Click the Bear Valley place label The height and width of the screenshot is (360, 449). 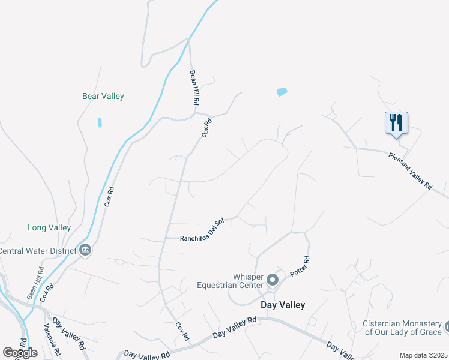(103, 96)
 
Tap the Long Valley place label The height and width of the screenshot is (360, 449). (49, 228)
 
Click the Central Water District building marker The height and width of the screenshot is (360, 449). (85, 250)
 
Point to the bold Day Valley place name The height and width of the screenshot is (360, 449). (282, 305)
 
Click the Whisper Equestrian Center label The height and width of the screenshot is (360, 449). (231, 281)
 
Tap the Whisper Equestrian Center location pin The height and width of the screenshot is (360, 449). (273, 280)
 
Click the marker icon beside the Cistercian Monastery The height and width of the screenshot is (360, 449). (447, 328)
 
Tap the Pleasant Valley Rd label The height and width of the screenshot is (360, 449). (410, 171)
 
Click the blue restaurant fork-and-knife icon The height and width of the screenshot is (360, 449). (396, 123)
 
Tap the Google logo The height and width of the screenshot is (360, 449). (20, 353)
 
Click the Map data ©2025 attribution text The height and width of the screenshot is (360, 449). (423, 355)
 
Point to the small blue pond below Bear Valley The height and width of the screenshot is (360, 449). (100, 122)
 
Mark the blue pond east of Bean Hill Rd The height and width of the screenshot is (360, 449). (282, 92)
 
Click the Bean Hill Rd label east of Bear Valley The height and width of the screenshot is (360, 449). (194, 88)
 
